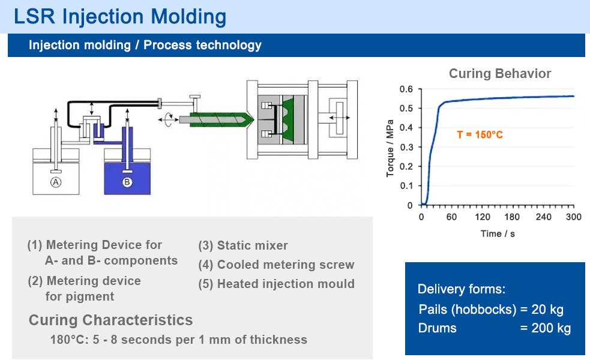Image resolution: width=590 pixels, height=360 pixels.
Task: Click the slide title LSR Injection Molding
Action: tap(120, 16)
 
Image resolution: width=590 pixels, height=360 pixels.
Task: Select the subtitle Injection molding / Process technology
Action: tap(145, 45)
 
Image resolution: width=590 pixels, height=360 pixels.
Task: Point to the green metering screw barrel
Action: tap(216, 119)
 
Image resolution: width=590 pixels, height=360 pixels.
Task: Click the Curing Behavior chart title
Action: tap(499, 74)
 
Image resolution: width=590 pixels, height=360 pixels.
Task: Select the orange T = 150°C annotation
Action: tap(480, 135)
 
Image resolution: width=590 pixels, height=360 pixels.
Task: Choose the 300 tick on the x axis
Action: tap(574, 217)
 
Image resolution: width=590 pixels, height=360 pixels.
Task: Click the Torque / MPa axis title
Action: tap(391, 147)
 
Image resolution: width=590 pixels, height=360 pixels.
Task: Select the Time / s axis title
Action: tap(498, 233)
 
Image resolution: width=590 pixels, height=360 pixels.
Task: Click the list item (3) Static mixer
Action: tap(243, 245)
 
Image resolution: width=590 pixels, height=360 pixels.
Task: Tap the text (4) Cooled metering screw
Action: tap(276, 265)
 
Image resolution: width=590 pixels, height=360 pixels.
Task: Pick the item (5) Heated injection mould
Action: tap(276, 284)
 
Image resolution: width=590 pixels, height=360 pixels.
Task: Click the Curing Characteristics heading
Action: tap(110, 320)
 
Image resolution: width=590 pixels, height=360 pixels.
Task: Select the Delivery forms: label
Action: tap(462, 289)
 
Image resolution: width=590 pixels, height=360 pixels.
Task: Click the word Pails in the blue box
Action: tap(433, 310)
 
